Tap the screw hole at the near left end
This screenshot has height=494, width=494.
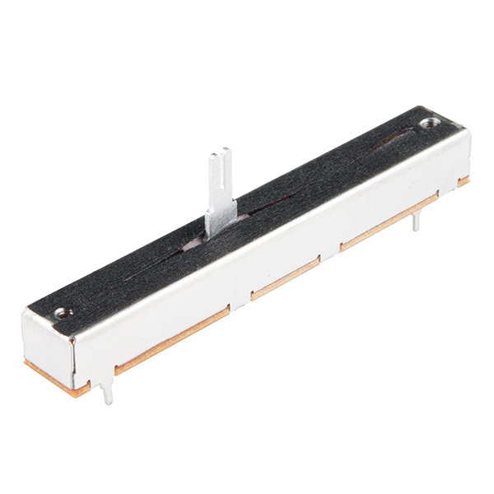61,313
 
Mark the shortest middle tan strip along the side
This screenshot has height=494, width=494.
285,278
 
